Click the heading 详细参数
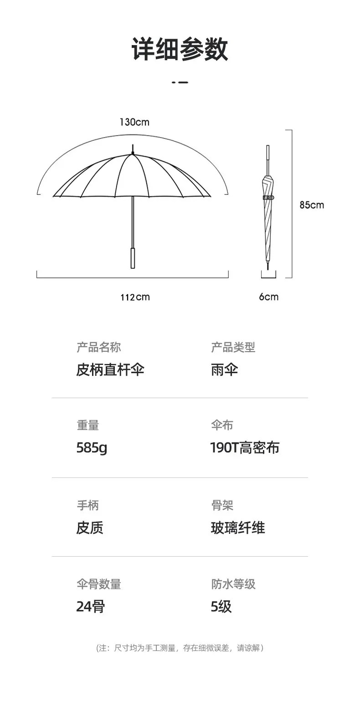click(x=180, y=49)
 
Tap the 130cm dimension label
click(x=134, y=122)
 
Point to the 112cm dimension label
click(x=135, y=297)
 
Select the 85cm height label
click(x=312, y=205)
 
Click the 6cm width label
click(x=268, y=297)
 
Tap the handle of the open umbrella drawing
click(x=133, y=258)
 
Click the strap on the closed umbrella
click(x=268, y=198)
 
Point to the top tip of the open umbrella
click(x=133, y=149)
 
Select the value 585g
click(x=92, y=448)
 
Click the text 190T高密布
click(x=245, y=448)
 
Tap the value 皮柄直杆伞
click(x=110, y=369)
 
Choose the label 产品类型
click(x=233, y=348)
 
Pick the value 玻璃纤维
click(x=237, y=528)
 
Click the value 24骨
click(x=90, y=607)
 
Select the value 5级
click(x=221, y=607)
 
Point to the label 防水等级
click(x=233, y=584)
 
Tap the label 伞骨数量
click(x=98, y=584)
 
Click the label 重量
click(x=87, y=425)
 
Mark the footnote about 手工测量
click(x=180, y=648)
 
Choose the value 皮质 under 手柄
click(x=89, y=528)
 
